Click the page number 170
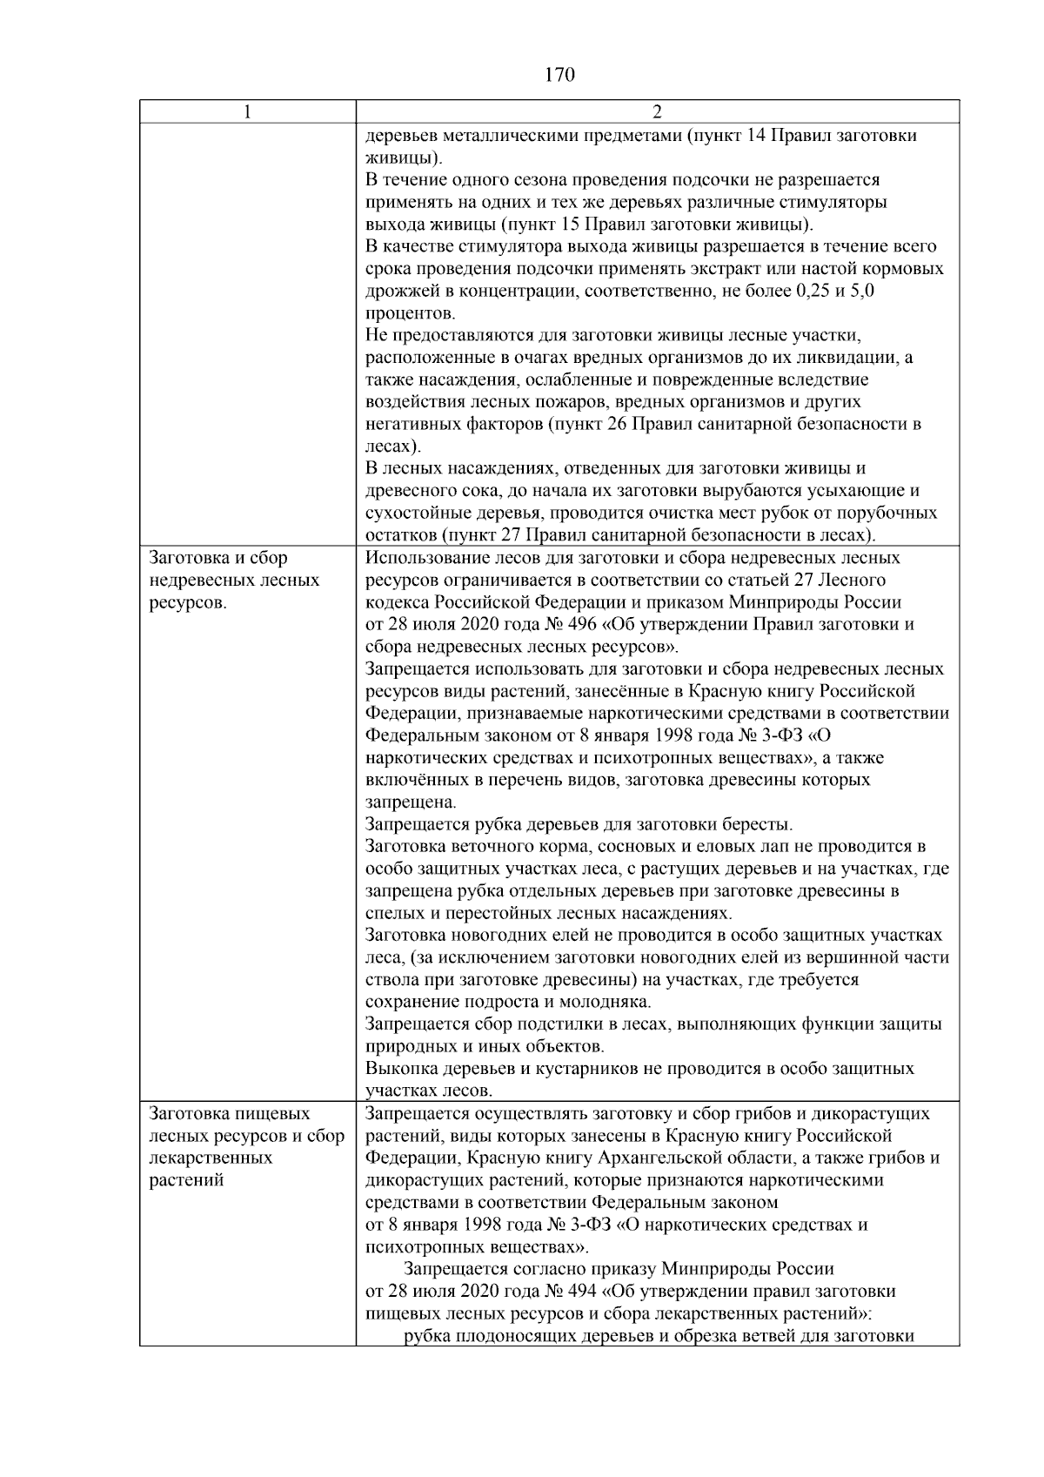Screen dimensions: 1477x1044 (559, 75)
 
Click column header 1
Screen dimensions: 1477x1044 (248, 111)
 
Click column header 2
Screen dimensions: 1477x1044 (657, 111)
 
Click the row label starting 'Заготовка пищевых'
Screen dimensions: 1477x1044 (231, 1113)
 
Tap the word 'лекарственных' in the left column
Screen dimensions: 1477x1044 (211, 1158)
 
